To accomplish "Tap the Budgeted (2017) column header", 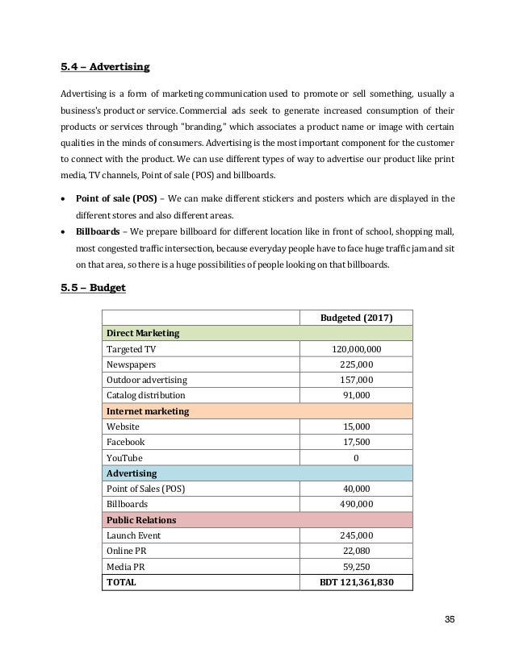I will (357, 317).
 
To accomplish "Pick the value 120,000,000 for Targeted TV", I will (357, 348).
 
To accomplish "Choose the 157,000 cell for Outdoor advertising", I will (357, 380).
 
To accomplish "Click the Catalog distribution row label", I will (146, 396).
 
